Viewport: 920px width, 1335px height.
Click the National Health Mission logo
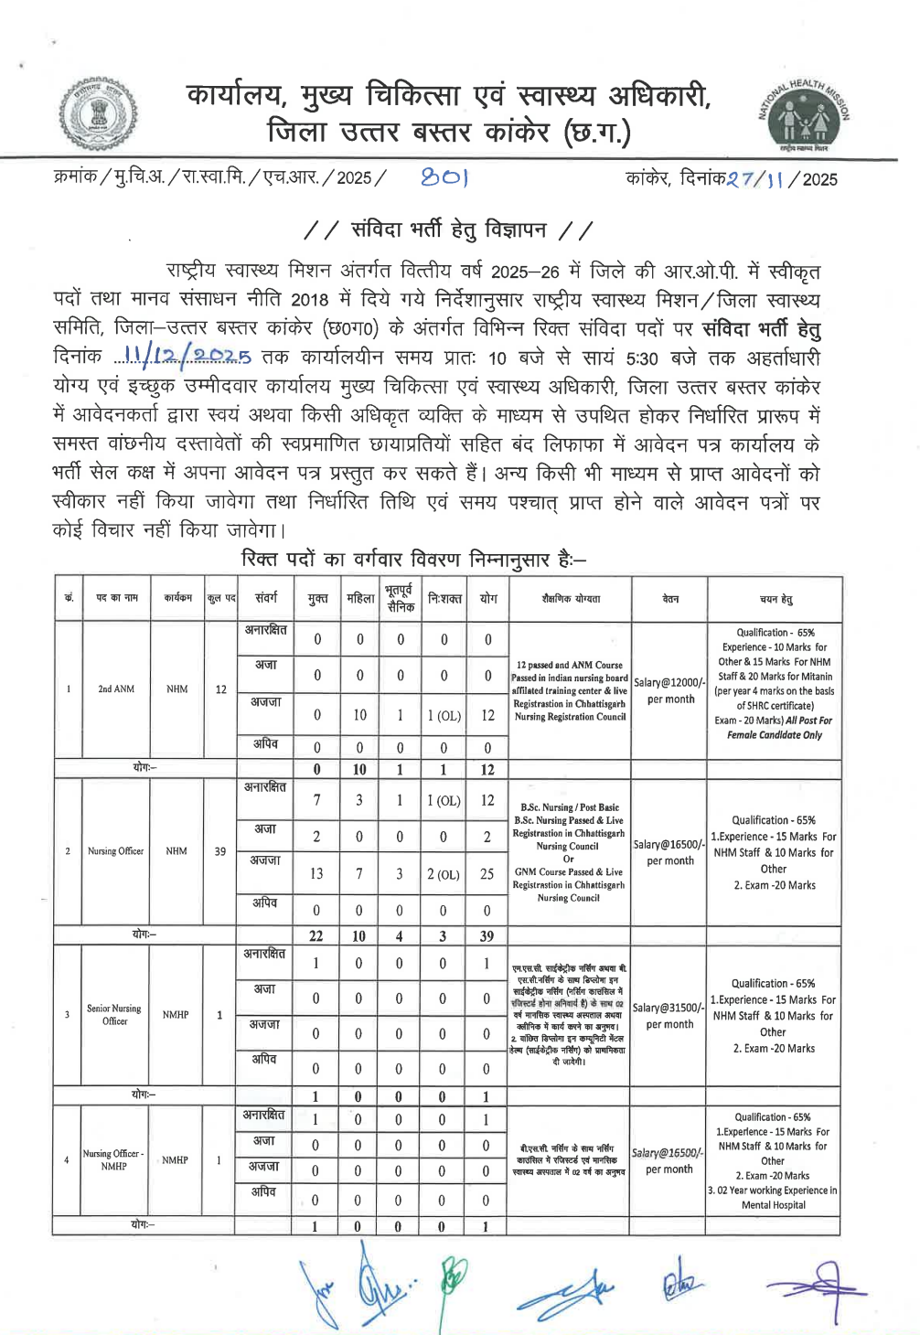point(804,115)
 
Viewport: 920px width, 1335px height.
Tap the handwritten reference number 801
point(444,177)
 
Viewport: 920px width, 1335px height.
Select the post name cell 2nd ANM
point(116,689)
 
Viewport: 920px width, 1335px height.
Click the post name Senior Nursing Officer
point(114,1014)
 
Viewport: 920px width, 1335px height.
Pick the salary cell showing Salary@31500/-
point(669,1015)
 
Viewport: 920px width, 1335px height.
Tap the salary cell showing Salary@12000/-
point(669,690)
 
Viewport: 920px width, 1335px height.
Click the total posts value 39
point(219,851)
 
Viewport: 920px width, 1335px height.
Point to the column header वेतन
point(669,599)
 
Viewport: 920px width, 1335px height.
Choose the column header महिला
point(359,599)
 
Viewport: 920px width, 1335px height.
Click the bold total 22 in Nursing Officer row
point(316,935)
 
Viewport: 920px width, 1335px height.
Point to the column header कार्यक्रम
point(177,598)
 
